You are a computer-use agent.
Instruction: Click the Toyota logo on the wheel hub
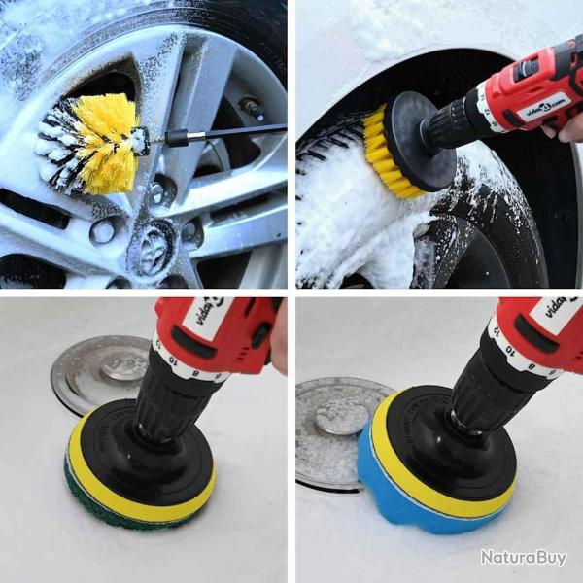coord(155,255)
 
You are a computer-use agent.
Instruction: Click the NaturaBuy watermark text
coord(523,558)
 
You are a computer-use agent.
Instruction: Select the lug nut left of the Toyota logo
coord(101,231)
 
